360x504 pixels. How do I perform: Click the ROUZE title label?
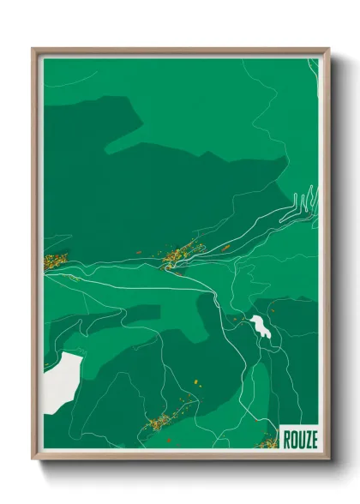298,438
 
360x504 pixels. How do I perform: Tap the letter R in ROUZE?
285,438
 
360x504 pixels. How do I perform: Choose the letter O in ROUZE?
291,438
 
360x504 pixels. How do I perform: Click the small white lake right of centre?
259,325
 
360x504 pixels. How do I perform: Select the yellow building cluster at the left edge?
55,260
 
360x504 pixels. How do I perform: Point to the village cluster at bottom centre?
160,421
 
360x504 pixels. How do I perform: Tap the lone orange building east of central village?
226,248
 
